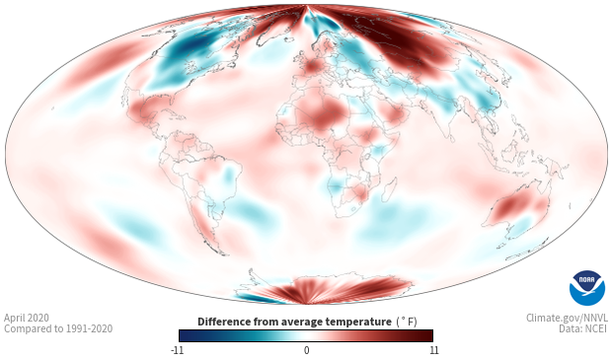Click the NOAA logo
(x=587, y=288)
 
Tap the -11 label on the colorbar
(x=178, y=350)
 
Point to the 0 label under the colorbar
(x=306, y=350)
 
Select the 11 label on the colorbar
(x=434, y=350)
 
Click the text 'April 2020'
(x=27, y=318)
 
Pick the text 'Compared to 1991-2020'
(x=58, y=328)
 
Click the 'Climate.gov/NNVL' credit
(x=567, y=318)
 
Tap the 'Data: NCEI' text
(x=583, y=328)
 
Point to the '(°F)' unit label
(x=407, y=323)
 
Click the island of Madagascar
(x=389, y=189)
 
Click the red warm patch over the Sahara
(x=321, y=112)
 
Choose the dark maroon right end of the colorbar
(x=427, y=335)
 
